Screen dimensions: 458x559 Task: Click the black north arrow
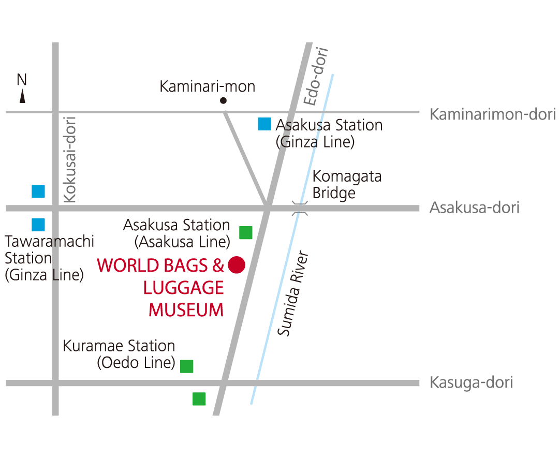click(x=22, y=96)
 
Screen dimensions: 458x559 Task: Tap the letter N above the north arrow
click(x=22, y=80)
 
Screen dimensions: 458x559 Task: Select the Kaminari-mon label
click(x=207, y=86)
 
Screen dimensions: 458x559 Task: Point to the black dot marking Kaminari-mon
click(x=224, y=101)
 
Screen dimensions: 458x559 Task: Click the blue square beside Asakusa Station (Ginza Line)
click(x=264, y=124)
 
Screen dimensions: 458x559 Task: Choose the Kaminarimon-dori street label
click(x=492, y=114)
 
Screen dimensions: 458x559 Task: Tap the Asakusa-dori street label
click(x=474, y=208)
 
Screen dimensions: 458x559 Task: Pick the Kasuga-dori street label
click(x=471, y=383)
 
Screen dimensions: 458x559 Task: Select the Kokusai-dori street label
click(x=70, y=159)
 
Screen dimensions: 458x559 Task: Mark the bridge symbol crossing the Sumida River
click(x=299, y=208)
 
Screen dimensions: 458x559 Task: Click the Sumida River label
click(x=292, y=294)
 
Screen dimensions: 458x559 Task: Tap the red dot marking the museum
click(x=237, y=264)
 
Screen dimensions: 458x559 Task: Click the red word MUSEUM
click(x=186, y=310)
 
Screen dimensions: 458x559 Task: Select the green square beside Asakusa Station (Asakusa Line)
click(x=246, y=232)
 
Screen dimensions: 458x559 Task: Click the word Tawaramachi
click(x=50, y=242)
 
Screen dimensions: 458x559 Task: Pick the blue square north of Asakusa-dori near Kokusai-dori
click(x=38, y=191)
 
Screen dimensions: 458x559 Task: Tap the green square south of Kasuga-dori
click(x=199, y=398)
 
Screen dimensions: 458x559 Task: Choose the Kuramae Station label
click(x=119, y=346)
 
